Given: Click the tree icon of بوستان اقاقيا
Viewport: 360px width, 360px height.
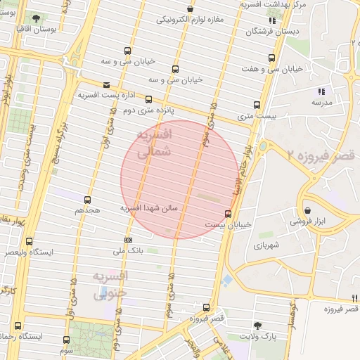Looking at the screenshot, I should [36, 16].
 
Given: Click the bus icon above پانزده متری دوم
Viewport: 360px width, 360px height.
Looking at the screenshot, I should [148, 100].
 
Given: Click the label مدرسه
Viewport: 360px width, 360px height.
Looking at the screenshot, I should [321, 102].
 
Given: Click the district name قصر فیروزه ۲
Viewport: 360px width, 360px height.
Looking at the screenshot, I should [314, 154].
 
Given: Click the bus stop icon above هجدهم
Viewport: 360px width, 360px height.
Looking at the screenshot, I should [87, 200].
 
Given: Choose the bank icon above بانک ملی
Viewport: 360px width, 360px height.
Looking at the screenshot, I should [127, 239].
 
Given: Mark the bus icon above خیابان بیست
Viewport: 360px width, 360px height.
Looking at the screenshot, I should [228, 214].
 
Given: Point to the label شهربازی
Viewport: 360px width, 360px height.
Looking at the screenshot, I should [268, 245].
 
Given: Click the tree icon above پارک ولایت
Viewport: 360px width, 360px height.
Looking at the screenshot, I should [258, 325].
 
